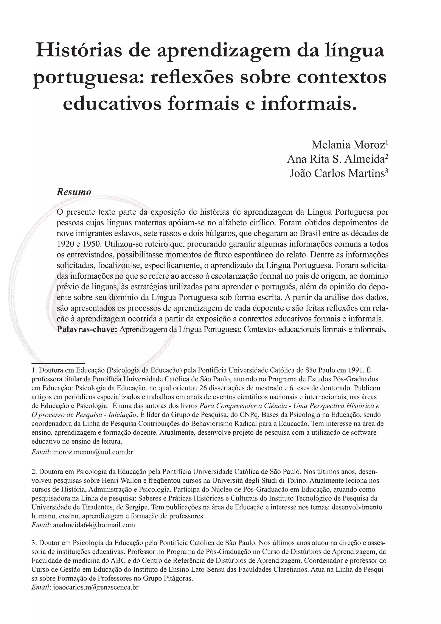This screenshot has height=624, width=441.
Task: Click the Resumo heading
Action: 74,192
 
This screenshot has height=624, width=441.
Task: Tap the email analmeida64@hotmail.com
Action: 94,525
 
